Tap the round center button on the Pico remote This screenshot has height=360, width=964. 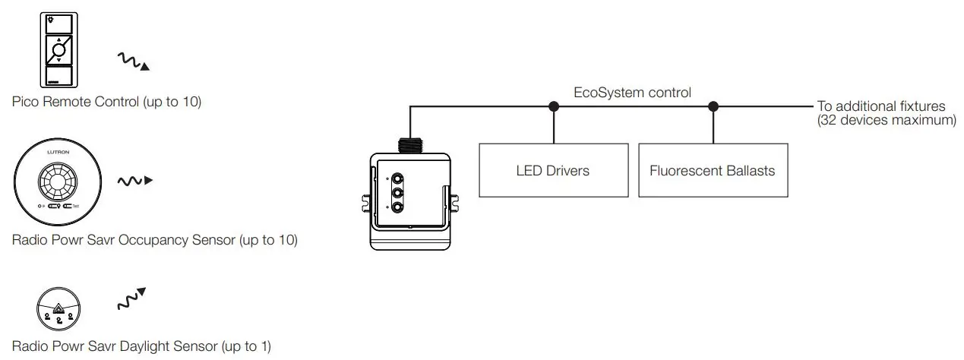(x=58, y=50)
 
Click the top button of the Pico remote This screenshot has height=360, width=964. (x=58, y=21)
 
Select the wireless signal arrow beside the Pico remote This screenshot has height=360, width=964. (x=133, y=62)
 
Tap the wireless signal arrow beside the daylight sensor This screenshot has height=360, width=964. (x=131, y=299)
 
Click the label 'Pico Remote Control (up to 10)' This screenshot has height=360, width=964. (x=106, y=102)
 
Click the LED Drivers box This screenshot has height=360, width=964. (x=553, y=170)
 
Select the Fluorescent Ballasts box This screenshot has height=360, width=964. (x=713, y=170)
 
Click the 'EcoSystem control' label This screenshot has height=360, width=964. (x=632, y=93)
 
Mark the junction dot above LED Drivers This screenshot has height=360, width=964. (x=553, y=106)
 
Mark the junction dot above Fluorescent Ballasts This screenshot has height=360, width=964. (x=713, y=106)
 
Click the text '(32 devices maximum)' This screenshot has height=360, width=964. (x=886, y=121)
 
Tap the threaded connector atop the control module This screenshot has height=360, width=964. (x=410, y=144)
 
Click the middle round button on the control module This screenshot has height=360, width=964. (x=396, y=194)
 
